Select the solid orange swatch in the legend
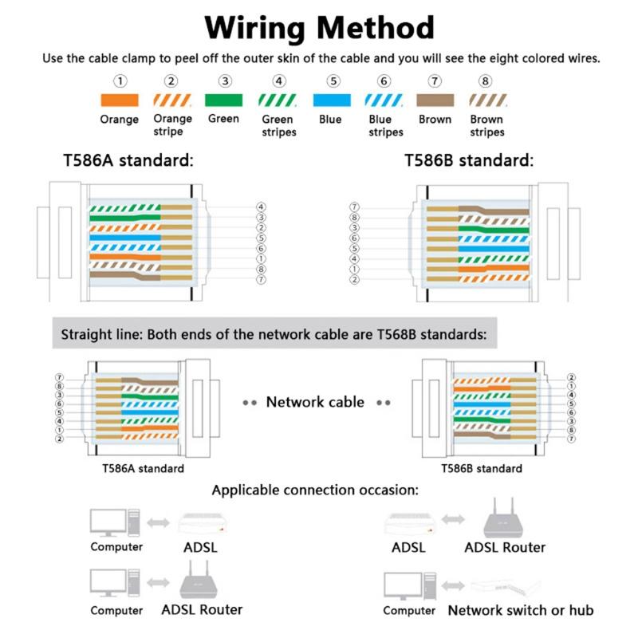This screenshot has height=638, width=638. [120, 100]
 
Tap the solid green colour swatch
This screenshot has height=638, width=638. [224, 100]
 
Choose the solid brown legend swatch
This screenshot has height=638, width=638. [435, 100]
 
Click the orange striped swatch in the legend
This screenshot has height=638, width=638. [172, 100]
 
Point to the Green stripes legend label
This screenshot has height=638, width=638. [278, 126]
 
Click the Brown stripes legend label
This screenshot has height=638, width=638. [486, 126]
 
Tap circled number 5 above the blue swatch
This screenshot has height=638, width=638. [333, 81]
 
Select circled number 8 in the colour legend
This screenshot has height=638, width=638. [485, 81]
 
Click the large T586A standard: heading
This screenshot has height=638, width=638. [128, 159]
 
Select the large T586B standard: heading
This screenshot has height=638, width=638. [468, 159]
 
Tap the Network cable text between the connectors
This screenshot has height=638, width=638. [315, 402]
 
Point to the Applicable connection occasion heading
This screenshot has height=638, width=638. [315, 490]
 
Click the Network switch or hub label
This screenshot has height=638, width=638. [520, 610]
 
